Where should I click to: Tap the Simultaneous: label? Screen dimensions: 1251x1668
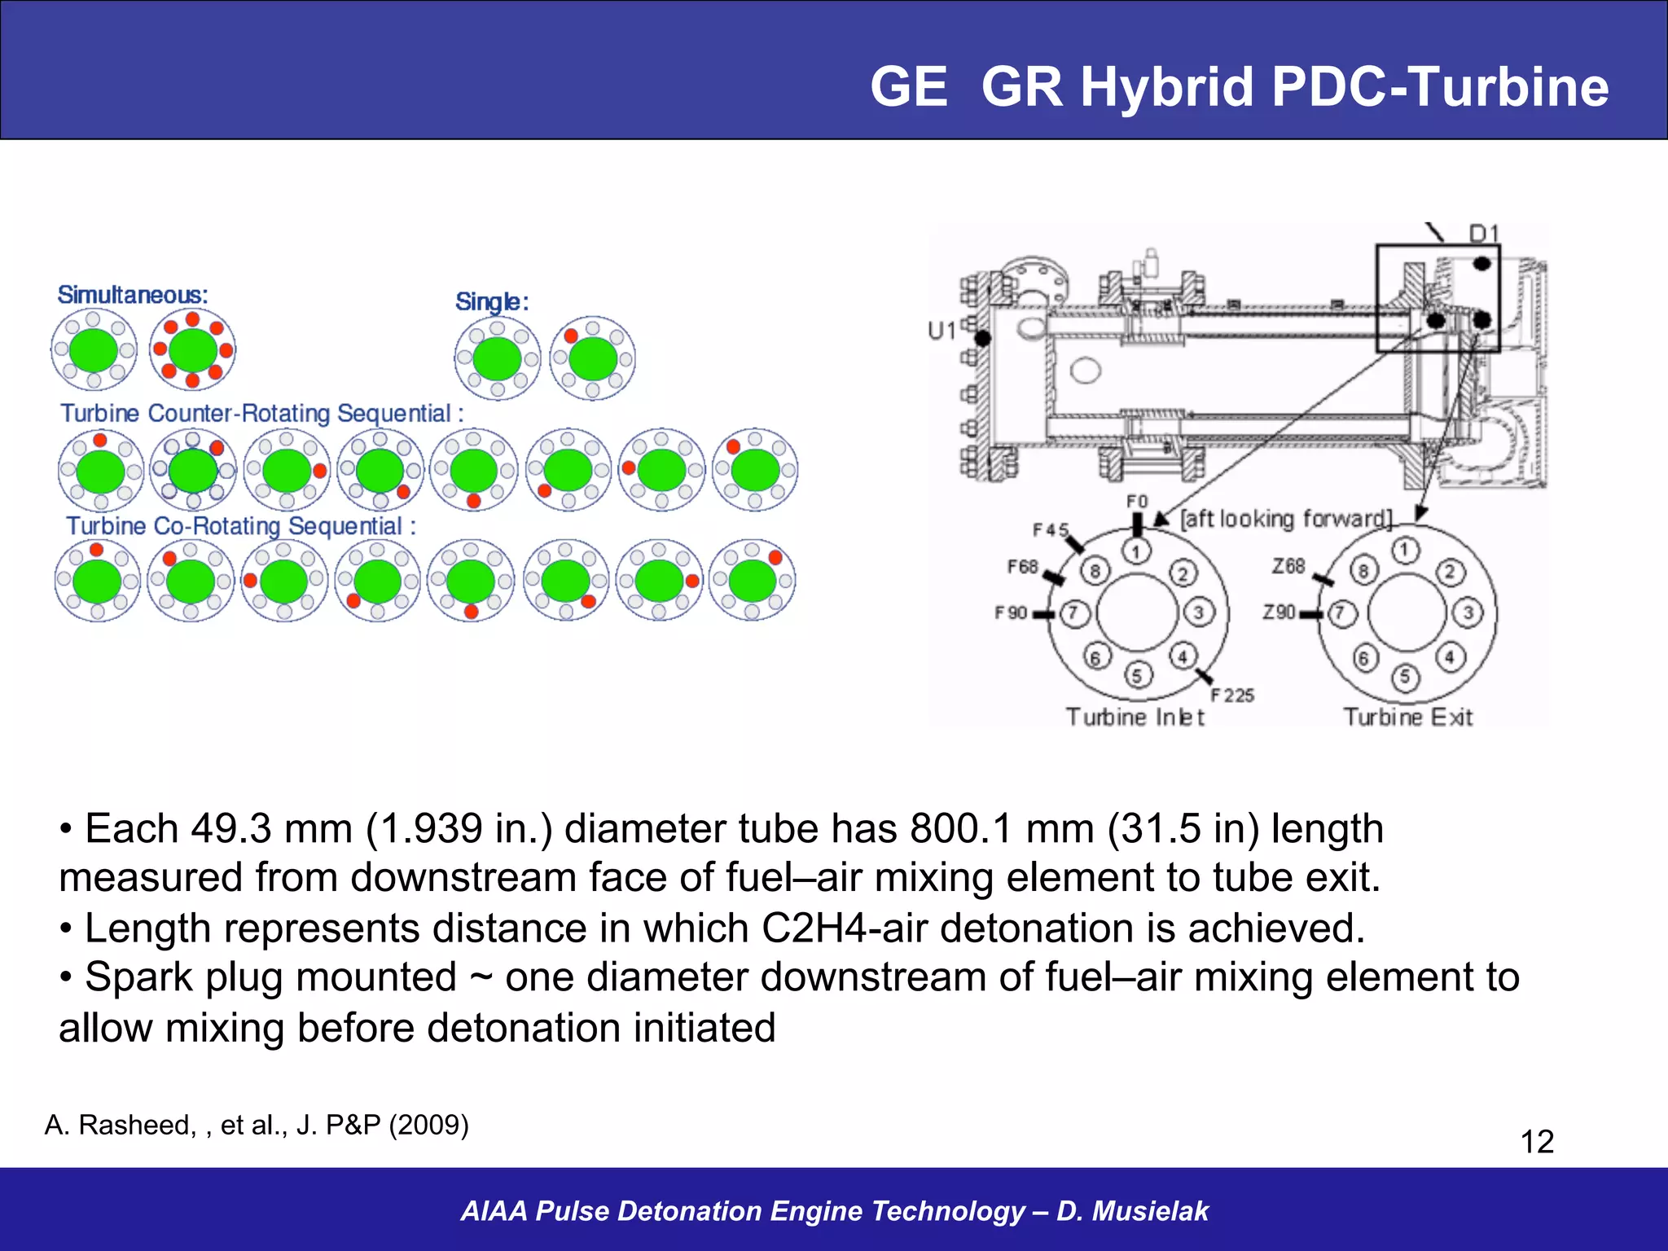tap(133, 295)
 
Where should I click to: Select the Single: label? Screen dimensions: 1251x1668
tap(492, 302)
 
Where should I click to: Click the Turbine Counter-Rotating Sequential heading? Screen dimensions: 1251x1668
tap(261, 414)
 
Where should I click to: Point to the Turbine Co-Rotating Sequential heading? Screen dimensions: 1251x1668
tap(241, 526)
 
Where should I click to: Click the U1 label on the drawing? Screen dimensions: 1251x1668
tap(942, 331)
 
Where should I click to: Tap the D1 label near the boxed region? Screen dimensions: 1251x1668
tap(1484, 235)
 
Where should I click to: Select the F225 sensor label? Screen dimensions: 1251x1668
tap(1231, 695)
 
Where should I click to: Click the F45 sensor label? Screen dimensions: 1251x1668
tap(1051, 530)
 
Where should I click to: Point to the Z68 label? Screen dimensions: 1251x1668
tap(1288, 565)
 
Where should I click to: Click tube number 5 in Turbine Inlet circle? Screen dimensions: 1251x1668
tap(1137, 675)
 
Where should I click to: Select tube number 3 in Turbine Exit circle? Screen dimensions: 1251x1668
tap(1468, 612)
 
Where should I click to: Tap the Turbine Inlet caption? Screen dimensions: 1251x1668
tap(1135, 717)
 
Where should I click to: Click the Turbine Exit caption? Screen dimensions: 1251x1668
tap(1407, 717)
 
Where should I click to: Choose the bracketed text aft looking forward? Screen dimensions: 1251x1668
tap(1287, 519)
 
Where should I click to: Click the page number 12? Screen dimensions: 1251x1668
tap(1537, 1141)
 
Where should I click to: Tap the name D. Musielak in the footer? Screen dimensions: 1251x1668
tap(1132, 1211)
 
